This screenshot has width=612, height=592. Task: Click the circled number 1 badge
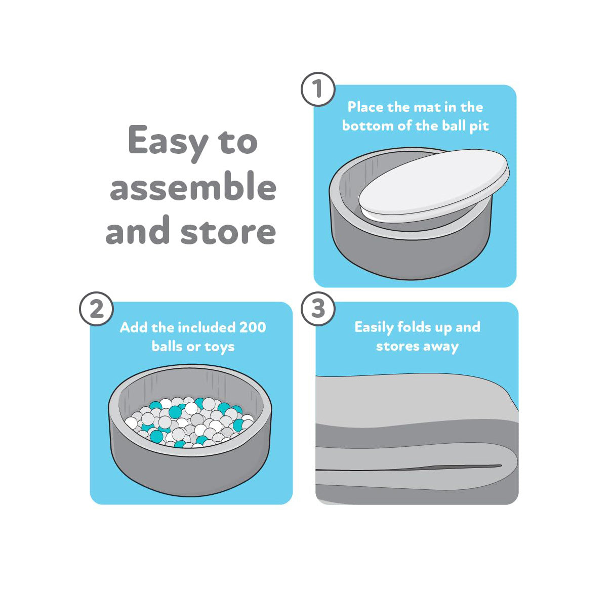point(318,90)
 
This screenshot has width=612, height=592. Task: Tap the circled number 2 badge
point(96,309)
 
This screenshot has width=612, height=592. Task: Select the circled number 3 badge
point(318,309)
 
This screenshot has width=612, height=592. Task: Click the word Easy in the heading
point(168,142)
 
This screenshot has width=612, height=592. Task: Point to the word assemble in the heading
point(193,187)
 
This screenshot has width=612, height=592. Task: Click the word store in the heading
point(228,232)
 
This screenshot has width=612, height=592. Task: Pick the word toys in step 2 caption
point(219,347)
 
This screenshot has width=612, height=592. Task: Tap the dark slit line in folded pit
point(415,468)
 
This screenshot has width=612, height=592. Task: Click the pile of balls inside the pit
point(190,422)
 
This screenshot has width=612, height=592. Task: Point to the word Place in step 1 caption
point(365,107)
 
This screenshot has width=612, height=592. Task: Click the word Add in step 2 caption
point(133,327)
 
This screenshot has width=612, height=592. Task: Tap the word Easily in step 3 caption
point(374,327)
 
